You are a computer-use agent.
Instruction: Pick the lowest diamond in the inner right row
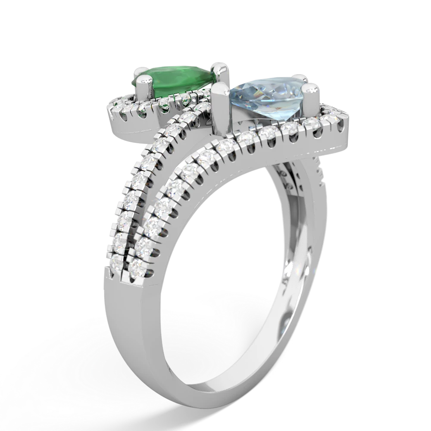(x=139, y=264)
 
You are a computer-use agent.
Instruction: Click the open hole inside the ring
(x=224, y=241)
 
